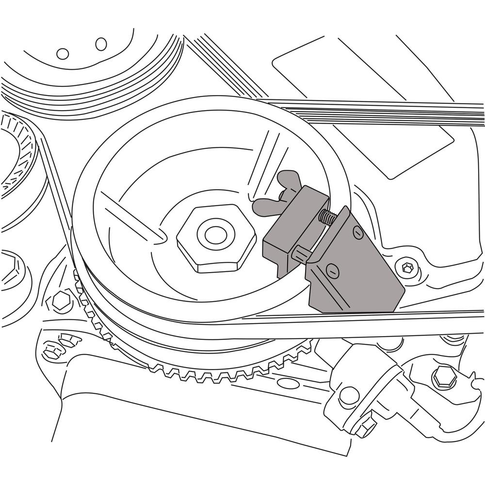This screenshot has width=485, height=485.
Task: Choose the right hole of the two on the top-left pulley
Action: tap(101, 44)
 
